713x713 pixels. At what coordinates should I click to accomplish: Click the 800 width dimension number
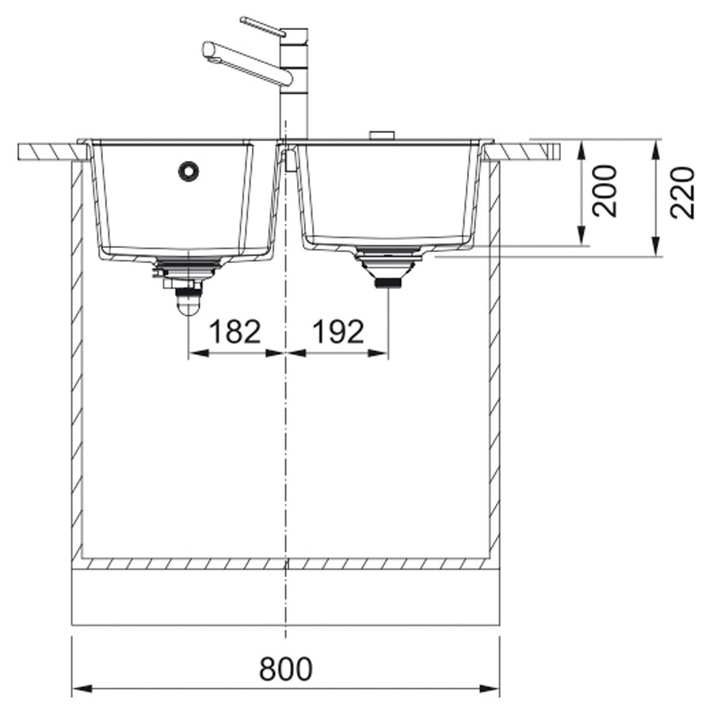tap(285, 668)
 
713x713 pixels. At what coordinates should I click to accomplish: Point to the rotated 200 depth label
tap(605, 190)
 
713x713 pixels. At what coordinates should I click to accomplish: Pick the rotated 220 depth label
tap(683, 193)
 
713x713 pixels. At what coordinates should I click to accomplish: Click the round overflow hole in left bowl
tap(189, 171)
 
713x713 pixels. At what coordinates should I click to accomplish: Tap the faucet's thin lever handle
tap(262, 26)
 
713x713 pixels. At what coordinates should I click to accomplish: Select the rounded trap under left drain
tap(188, 303)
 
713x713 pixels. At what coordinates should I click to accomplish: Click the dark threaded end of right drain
tap(388, 284)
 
